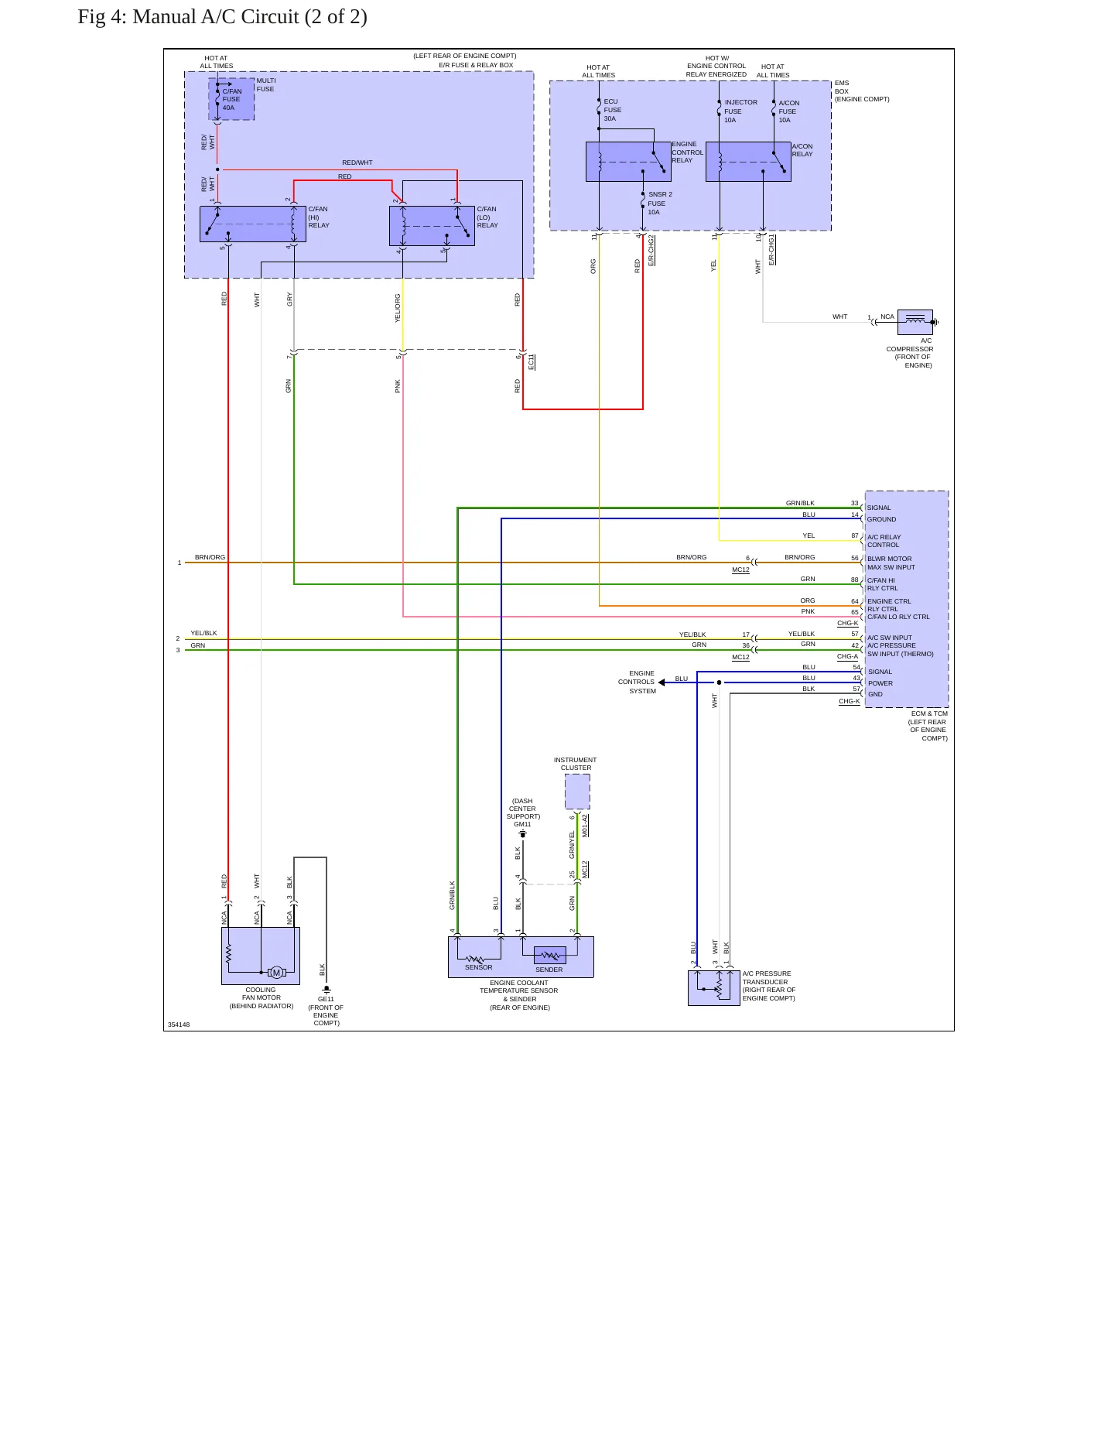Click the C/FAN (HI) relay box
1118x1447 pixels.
(253, 224)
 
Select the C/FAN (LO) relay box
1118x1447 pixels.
(432, 226)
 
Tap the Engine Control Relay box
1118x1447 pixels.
(628, 162)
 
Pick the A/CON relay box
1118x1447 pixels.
(748, 162)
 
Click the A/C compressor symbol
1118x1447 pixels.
(915, 322)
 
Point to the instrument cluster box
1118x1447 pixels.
(577, 792)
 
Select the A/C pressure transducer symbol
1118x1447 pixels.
(713, 988)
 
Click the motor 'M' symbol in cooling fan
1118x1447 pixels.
(276, 973)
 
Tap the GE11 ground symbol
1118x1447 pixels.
(327, 989)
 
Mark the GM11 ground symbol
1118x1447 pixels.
(523, 833)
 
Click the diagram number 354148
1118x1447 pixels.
(179, 1025)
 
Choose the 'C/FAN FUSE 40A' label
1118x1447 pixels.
(231, 100)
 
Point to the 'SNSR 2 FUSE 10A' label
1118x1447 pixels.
(660, 204)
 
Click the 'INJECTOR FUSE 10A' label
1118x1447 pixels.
(740, 111)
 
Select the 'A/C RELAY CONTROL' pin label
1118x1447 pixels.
(884, 541)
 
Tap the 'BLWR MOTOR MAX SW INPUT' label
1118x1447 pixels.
(891, 563)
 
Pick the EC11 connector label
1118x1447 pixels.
(532, 361)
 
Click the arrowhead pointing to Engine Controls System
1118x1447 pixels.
(662, 682)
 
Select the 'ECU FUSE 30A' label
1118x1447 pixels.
(612, 110)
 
